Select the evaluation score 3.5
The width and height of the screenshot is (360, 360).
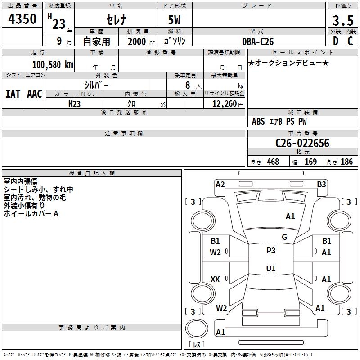coord(342,21)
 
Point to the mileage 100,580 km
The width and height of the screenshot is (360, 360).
coord(53,64)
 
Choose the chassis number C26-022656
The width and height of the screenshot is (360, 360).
coord(302,143)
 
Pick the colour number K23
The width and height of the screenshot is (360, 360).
coord(75,103)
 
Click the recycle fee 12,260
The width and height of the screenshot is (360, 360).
coord(224,103)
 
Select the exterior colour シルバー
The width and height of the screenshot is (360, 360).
coord(97,85)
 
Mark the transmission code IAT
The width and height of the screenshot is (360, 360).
coord(13,94)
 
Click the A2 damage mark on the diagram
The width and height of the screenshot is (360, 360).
coord(220,184)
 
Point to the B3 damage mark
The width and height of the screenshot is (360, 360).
coord(321,184)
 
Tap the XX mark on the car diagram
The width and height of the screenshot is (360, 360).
coord(215,279)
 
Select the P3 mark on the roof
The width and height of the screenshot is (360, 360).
coord(271,251)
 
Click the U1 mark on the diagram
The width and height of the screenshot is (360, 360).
coord(271,269)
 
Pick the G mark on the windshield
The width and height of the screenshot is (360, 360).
coord(284,237)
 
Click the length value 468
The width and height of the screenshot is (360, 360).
coord(273,162)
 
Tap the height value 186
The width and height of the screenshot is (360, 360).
coord(346,162)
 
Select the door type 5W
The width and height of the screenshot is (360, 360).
coord(175,21)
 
